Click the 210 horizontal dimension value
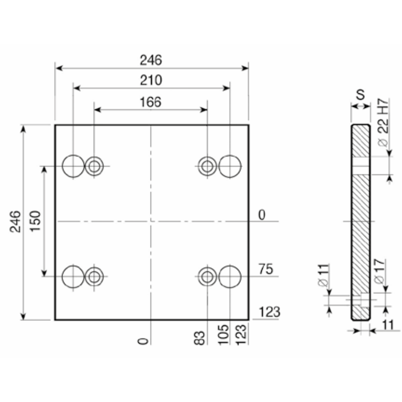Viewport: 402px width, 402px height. (151, 80)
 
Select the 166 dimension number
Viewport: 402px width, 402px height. (150, 102)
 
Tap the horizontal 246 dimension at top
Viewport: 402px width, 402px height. (151, 60)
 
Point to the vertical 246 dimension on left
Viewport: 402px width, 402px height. (15, 222)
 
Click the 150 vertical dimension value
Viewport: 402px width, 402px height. (35, 221)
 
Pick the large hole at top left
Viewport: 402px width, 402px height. (73, 166)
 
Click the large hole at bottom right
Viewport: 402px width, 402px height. (230, 277)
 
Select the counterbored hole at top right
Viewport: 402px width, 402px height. (208, 166)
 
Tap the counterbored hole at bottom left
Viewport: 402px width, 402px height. (94, 277)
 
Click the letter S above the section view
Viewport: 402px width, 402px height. (360, 94)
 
